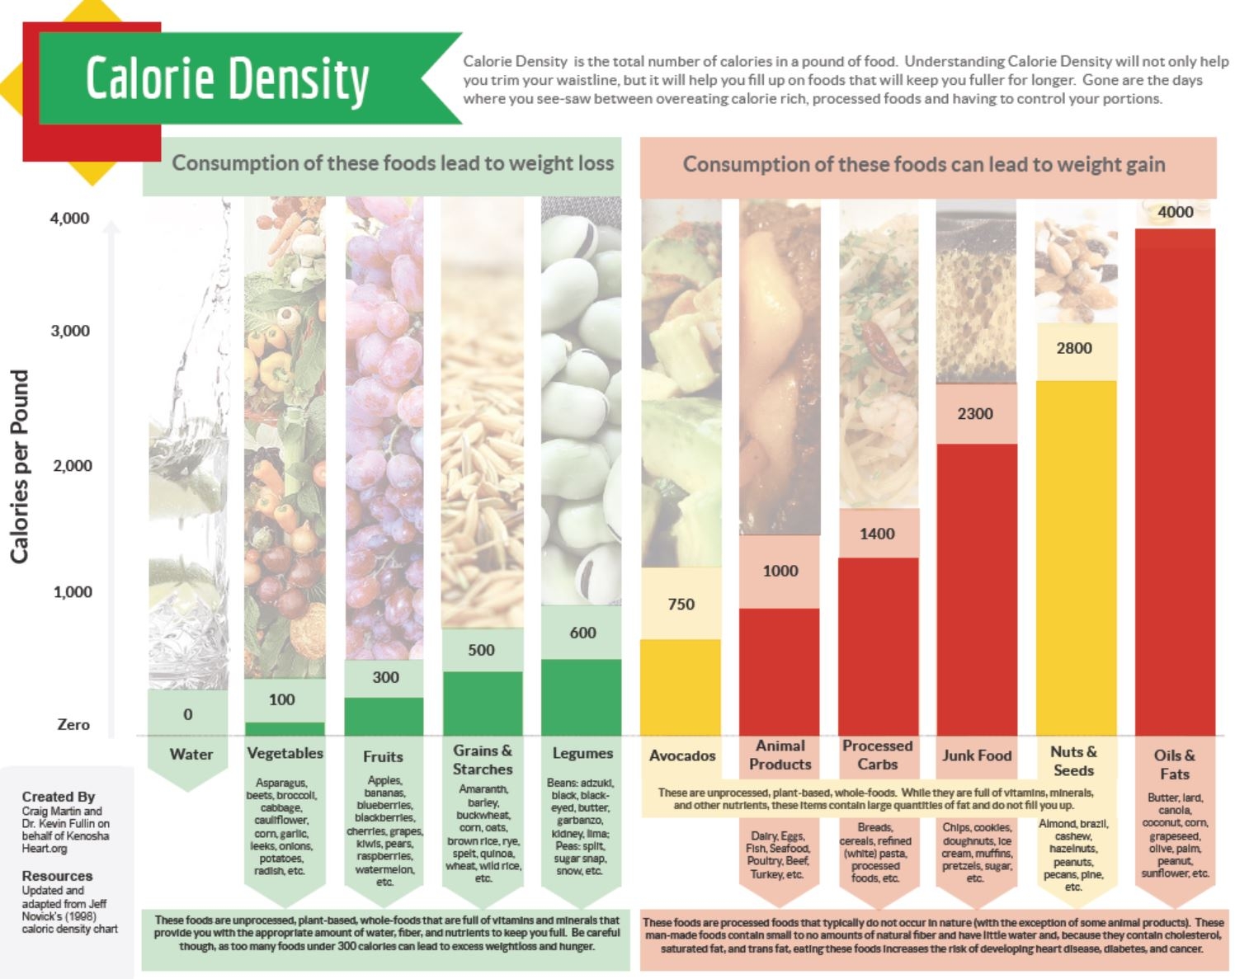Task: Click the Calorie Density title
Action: pyautogui.click(x=227, y=80)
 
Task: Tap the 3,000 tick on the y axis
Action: pyautogui.click(x=70, y=331)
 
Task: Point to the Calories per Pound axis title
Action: pyautogui.click(x=20, y=466)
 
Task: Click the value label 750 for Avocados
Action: pyautogui.click(x=681, y=605)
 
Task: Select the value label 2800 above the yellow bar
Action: pyautogui.click(x=1074, y=348)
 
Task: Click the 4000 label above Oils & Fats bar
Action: pyautogui.click(x=1175, y=212)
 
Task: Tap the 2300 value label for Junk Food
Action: pyautogui.click(x=975, y=414)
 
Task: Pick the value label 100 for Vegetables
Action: pyautogui.click(x=281, y=699)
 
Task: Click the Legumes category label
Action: pyautogui.click(x=582, y=753)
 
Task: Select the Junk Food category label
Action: pyautogui.click(x=977, y=755)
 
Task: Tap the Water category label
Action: pyautogui.click(x=191, y=754)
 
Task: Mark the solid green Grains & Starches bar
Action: pyautogui.click(x=483, y=703)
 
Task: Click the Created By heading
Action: pyautogui.click(x=59, y=797)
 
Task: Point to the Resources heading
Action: pyautogui.click(x=57, y=876)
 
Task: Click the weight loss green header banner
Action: pyautogui.click(x=393, y=163)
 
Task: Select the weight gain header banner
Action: pyautogui.click(x=924, y=165)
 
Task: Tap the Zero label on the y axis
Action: pyautogui.click(x=73, y=724)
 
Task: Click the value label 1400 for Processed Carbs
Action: pyautogui.click(x=877, y=534)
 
